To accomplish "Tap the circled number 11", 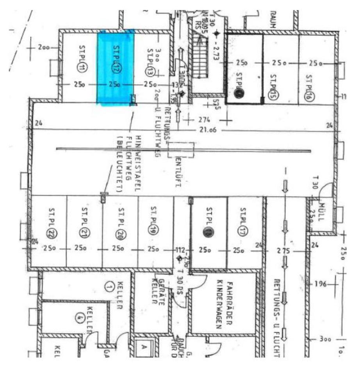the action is click(82, 68).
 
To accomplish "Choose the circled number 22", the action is click(50, 233).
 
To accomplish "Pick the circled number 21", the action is click(84, 233).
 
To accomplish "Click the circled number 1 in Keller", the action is click(109, 287).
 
